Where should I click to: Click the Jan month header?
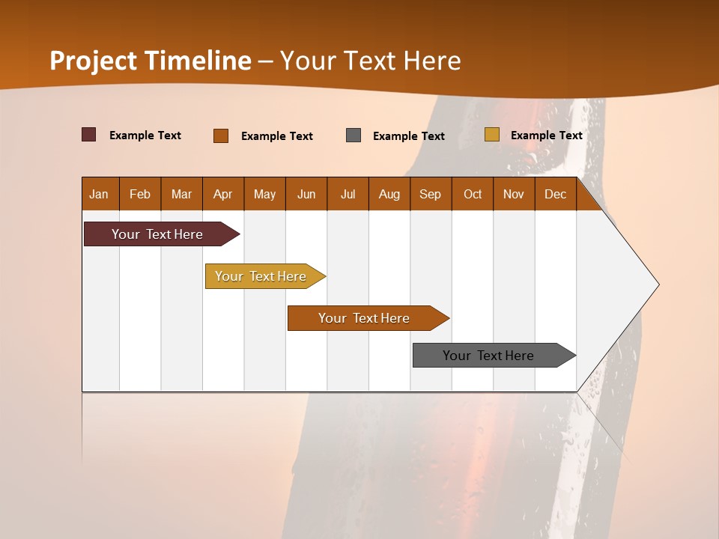tap(99, 194)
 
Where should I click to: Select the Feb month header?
tap(140, 194)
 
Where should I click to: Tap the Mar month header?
tap(181, 194)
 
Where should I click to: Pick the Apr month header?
tap(223, 194)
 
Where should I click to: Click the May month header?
tap(264, 194)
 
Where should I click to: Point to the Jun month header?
tap(306, 194)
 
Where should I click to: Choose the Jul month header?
tap(348, 194)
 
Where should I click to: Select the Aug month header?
tap(389, 194)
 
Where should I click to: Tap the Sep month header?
tap(431, 194)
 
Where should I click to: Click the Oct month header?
tap(473, 194)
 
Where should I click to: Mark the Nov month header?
tap(514, 194)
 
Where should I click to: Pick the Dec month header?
tap(556, 194)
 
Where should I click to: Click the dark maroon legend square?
tap(89, 135)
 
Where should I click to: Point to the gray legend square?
tap(354, 135)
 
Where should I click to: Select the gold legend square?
tap(491, 135)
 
